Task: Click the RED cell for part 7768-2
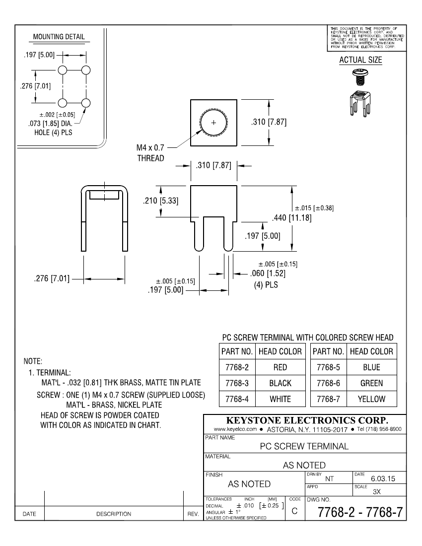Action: click(280, 367)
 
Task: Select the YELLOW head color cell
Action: click(371, 399)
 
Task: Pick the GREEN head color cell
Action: click(371, 383)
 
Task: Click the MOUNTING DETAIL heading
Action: click(59, 37)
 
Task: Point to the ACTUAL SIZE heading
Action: click(360, 60)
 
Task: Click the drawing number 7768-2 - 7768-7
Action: click(354, 511)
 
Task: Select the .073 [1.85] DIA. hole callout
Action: click(52, 123)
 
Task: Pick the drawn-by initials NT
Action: click(329, 479)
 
